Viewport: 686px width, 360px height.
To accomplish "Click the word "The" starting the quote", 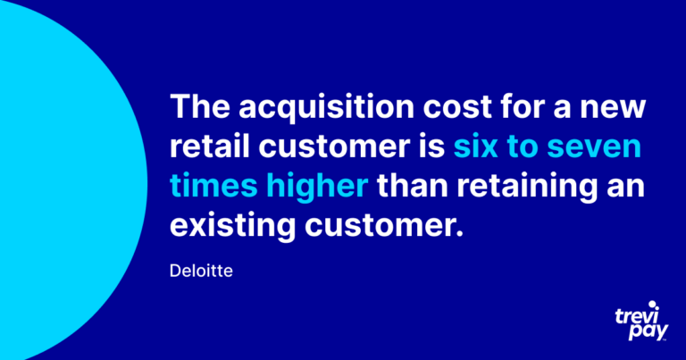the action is pyautogui.click(x=199, y=106).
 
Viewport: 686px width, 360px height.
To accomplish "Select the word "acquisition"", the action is pyautogui.click(x=326, y=107).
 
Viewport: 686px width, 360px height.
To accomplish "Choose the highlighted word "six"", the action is pyautogui.click(x=475, y=147).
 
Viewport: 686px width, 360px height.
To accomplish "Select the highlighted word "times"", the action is pyautogui.click(x=214, y=185).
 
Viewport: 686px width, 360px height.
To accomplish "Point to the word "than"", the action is pyautogui.click(x=412, y=184).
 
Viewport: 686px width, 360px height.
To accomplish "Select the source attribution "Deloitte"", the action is pyautogui.click(x=201, y=271).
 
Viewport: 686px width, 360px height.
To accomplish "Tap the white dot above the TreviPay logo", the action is pyautogui.click(x=653, y=305).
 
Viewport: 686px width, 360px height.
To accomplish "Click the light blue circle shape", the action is pyautogui.click(x=65, y=180).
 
